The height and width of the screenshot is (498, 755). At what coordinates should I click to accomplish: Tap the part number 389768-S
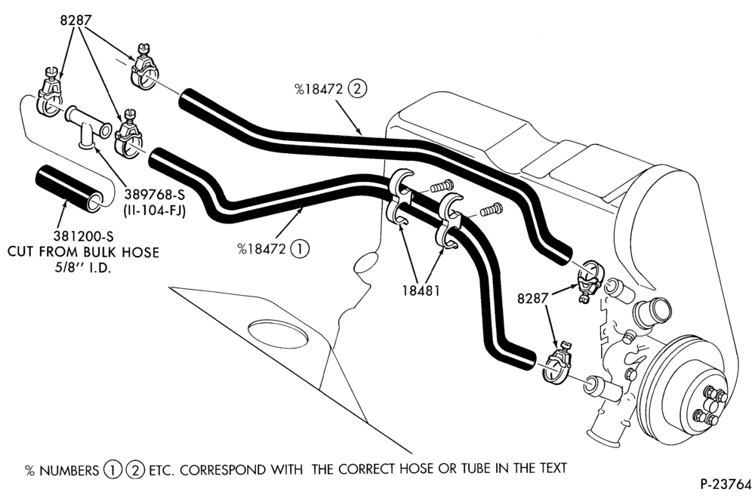point(154,195)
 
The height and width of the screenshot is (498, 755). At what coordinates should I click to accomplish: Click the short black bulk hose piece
point(70,188)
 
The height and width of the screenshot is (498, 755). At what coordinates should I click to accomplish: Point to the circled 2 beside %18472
point(357,89)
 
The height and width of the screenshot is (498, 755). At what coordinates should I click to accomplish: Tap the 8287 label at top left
point(76,20)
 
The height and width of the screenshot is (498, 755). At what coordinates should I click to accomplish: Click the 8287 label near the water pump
point(533,299)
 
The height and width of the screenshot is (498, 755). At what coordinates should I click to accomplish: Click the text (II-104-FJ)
point(155,211)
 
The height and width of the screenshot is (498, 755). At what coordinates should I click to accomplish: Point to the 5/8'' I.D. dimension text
point(82,268)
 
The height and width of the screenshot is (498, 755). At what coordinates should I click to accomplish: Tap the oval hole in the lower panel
point(278,333)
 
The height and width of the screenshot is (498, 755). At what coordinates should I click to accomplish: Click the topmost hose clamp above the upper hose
point(143,71)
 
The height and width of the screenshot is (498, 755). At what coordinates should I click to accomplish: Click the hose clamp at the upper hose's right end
point(588,279)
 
